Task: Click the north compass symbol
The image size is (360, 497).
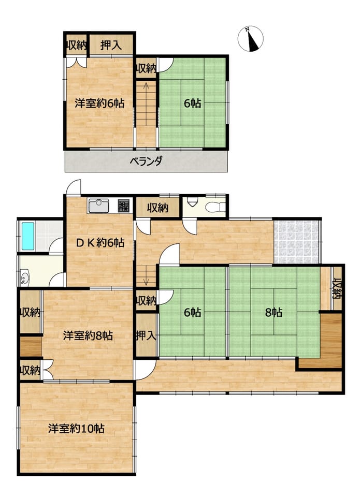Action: [x=251, y=39]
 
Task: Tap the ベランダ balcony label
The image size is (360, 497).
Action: [x=146, y=162]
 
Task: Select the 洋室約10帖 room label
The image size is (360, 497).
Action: [x=76, y=429]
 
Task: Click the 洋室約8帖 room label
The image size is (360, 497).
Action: [x=88, y=335]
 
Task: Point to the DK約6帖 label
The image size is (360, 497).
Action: [x=100, y=243]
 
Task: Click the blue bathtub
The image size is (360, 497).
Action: [x=28, y=236]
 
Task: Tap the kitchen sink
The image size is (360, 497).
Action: [x=98, y=206]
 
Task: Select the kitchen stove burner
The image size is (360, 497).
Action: [x=124, y=206]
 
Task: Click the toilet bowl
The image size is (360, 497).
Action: [x=215, y=208]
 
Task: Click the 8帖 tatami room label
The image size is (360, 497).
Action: [x=273, y=313]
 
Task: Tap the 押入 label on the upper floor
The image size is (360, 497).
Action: [x=111, y=45]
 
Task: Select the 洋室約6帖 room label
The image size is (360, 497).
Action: [x=99, y=103]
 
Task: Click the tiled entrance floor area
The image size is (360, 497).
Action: [x=296, y=242]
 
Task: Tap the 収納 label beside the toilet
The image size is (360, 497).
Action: [x=157, y=208]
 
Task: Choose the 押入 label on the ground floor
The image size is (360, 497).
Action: [x=146, y=335]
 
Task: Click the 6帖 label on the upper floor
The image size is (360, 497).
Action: [x=193, y=103]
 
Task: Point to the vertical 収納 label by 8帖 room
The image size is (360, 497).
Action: [x=337, y=288]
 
